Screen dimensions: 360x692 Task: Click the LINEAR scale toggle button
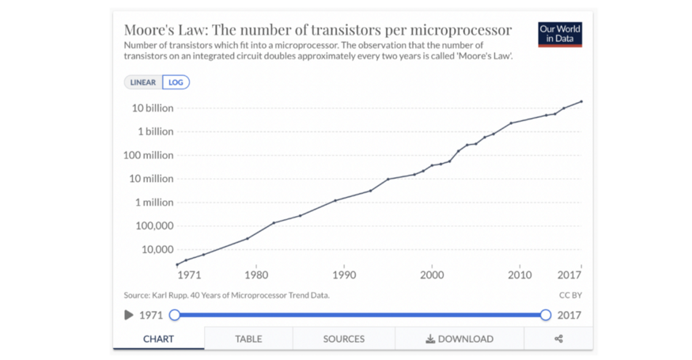pos(143,82)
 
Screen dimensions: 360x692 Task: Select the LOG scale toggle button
pos(176,82)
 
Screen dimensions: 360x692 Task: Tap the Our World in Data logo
pos(560,34)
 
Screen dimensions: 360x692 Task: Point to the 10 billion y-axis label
pos(149,108)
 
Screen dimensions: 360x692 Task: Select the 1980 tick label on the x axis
pos(255,275)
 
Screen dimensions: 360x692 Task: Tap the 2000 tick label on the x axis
pos(431,275)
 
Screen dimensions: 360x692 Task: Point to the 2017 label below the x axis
pos(569,275)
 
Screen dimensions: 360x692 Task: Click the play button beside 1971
pos(129,315)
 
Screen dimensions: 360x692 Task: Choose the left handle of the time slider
pos(175,315)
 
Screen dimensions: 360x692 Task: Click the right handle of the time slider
pos(546,315)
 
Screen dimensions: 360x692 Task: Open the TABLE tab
pos(248,339)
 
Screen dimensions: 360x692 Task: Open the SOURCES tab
pos(344,339)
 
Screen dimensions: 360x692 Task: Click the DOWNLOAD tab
pos(459,339)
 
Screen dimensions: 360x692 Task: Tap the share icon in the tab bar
pos(558,339)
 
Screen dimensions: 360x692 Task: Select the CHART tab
pos(158,339)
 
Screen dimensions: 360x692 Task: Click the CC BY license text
pos(570,295)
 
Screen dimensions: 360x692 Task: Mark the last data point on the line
pos(581,101)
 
